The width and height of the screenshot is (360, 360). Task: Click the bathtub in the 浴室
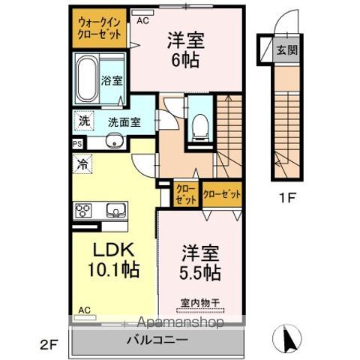[x=87, y=79]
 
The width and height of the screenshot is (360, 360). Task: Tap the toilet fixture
[x=200, y=127]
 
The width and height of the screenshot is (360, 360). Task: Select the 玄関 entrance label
[x=287, y=50]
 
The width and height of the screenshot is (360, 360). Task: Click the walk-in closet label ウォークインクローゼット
[x=100, y=28]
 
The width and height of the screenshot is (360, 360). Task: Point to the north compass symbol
[x=287, y=337]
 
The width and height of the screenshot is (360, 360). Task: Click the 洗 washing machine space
[x=84, y=121]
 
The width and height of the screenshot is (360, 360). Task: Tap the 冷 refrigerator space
[x=82, y=164]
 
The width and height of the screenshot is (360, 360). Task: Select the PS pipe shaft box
[x=77, y=144]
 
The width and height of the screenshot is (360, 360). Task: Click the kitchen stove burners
[x=83, y=211]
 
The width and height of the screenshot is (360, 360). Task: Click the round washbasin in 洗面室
[x=115, y=141]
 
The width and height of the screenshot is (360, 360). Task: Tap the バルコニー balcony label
[x=157, y=340]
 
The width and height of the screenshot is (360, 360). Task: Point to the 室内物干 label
[x=200, y=303]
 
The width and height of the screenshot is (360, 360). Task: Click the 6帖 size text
[x=185, y=60]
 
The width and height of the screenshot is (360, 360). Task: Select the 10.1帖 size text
[x=113, y=269]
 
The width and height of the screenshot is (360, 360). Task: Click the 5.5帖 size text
[x=200, y=272]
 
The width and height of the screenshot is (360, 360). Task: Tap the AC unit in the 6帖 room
[x=142, y=13]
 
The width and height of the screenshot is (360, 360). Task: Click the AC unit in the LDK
[x=85, y=317]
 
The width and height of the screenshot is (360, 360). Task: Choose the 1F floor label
[x=287, y=198]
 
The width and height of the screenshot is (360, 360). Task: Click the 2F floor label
[x=49, y=345]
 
